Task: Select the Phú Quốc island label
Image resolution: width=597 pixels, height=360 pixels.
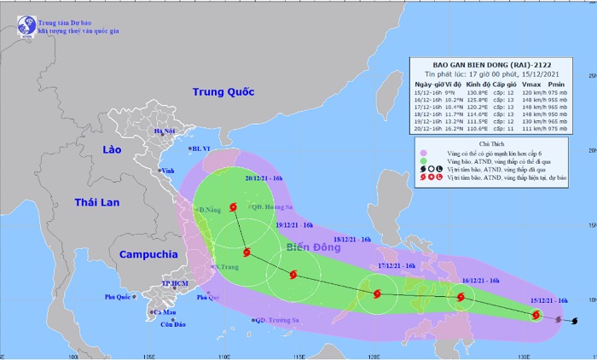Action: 120,297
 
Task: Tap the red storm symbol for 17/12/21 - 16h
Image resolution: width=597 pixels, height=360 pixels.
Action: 374,293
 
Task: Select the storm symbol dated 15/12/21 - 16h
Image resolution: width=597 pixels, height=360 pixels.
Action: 536,316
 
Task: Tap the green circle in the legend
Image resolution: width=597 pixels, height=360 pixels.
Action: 423,160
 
